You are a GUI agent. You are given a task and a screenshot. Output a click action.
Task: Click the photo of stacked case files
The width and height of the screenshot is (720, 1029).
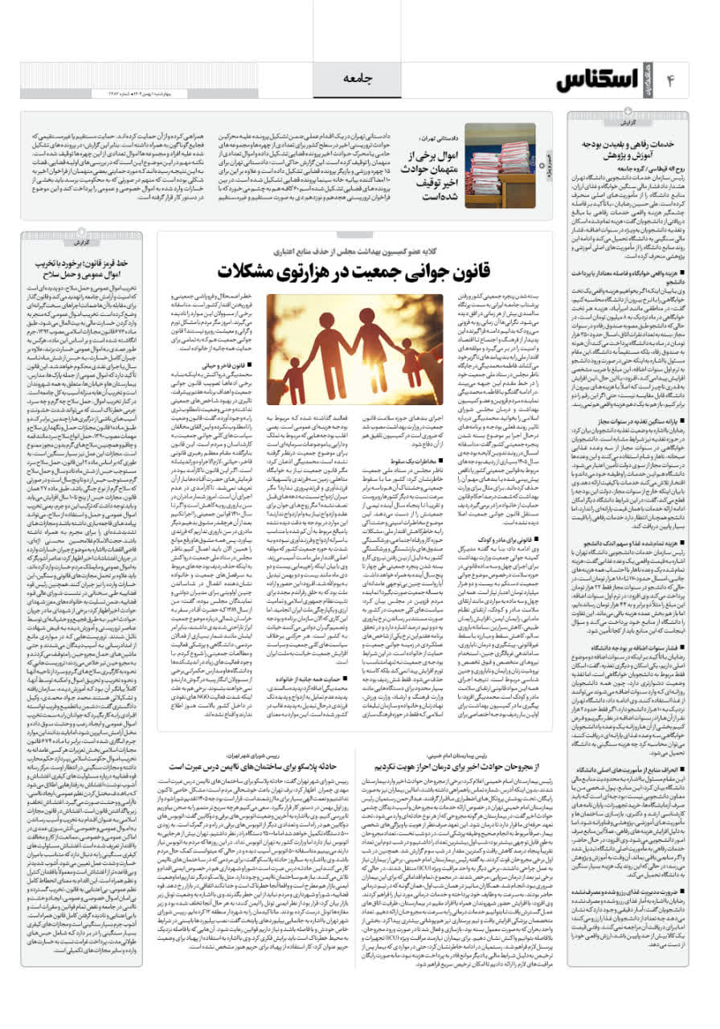click(500, 164)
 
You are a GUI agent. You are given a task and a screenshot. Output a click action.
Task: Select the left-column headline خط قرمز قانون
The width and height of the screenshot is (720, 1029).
click(83, 264)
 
